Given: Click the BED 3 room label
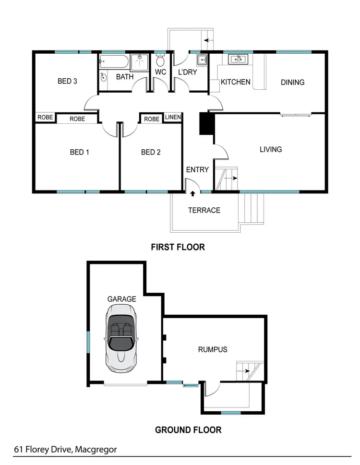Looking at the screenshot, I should (x=67, y=81).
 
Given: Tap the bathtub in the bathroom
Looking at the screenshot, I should (x=114, y=62).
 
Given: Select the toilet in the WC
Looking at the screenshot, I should (x=160, y=62).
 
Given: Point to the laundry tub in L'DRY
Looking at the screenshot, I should (x=201, y=60).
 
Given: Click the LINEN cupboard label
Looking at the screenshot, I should (x=173, y=118).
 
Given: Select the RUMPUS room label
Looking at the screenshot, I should (x=212, y=349).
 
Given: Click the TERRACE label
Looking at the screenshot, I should (x=204, y=210).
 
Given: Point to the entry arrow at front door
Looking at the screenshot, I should (x=192, y=194).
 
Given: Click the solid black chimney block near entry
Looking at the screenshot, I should (x=206, y=124).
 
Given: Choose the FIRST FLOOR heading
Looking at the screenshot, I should (x=178, y=247).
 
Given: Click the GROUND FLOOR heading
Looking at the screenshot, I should (x=188, y=430).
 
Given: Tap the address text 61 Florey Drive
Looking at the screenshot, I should (x=65, y=450).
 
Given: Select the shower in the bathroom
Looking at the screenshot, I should (x=140, y=62).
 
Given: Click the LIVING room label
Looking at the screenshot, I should (x=271, y=149).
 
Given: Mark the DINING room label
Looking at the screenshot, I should (x=292, y=82).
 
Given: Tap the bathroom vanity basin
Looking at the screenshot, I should (x=103, y=77).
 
